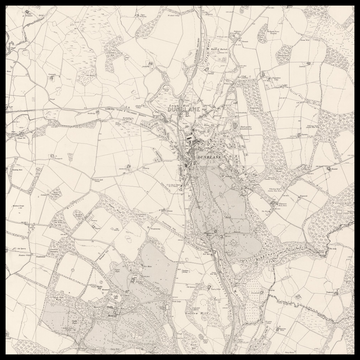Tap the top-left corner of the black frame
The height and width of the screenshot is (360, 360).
coord(2,2)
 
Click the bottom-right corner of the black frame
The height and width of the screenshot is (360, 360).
coord(357,357)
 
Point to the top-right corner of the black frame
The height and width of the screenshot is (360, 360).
coord(357,2)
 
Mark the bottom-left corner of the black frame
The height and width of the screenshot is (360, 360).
coord(2,357)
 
